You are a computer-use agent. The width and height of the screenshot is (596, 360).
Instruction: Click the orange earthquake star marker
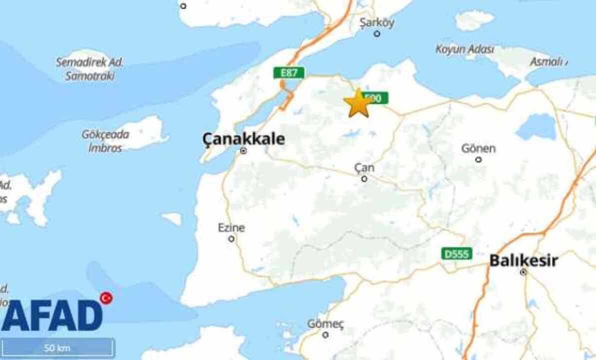(358, 103)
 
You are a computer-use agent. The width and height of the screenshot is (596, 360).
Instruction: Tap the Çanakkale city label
(243, 138)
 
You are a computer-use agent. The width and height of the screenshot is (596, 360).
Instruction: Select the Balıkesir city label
(523, 260)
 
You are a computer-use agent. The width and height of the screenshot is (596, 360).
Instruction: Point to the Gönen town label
(478, 148)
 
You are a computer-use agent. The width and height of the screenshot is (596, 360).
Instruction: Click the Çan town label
(364, 167)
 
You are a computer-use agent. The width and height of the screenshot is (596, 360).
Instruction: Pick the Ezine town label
(231, 228)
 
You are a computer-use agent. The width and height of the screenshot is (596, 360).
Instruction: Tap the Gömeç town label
(325, 324)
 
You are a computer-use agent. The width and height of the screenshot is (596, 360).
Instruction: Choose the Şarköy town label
(377, 23)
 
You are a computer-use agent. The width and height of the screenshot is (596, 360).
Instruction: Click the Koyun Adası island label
(465, 49)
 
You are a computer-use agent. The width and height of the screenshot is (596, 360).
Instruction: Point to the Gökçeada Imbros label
(105, 141)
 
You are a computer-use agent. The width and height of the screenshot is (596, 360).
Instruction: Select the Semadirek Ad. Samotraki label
(90, 69)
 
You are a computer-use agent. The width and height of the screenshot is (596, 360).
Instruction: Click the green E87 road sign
(289, 73)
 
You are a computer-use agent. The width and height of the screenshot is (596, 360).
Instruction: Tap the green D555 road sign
(457, 254)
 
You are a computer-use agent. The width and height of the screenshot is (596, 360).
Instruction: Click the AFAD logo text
(52, 315)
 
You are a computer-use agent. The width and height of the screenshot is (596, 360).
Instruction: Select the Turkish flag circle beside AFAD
(106, 298)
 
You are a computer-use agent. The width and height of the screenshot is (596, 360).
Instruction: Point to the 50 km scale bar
(57, 347)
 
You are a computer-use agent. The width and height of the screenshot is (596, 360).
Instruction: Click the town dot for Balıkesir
(523, 272)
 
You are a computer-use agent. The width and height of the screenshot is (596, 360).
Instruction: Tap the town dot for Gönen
(478, 159)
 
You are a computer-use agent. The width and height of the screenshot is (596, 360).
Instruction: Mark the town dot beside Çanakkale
(243, 150)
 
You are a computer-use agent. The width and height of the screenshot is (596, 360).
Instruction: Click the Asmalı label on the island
(548, 62)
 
